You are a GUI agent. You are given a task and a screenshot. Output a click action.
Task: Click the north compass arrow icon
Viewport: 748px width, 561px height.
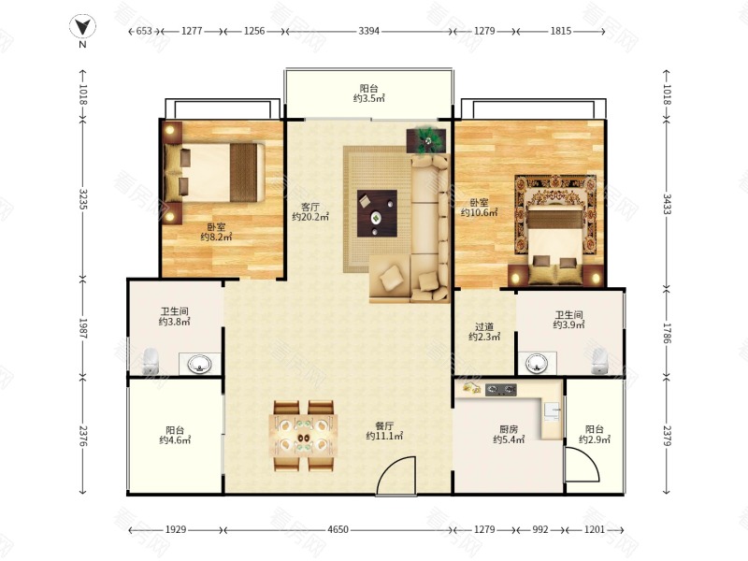pos(82,27)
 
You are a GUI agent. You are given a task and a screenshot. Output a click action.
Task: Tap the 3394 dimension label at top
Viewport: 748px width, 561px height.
pos(368,31)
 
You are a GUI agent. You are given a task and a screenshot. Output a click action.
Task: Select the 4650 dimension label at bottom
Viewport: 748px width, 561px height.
pos(338,529)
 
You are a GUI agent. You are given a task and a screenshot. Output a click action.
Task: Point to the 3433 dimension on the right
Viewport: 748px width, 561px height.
pos(667,204)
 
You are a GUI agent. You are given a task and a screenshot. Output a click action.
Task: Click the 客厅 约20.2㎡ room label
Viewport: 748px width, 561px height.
pos(310,212)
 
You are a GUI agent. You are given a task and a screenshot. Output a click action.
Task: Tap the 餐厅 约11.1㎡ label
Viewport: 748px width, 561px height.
pos(384,431)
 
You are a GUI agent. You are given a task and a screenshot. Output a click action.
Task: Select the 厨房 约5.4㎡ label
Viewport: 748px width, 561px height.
pos(509,434)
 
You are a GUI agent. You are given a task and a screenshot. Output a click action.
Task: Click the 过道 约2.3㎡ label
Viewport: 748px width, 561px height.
pos(484,332)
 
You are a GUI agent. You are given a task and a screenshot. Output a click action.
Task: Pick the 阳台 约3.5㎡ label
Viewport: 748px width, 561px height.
pos(368,93)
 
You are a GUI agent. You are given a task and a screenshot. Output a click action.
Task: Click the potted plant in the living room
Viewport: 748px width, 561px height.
pos(426,141)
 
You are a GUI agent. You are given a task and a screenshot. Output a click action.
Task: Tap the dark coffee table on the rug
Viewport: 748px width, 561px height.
pos(377,213)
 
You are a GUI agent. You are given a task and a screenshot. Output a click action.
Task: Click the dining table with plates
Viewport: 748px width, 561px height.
pos(303,436)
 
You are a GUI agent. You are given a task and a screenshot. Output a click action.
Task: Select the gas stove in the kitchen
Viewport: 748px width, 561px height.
pos(501,390)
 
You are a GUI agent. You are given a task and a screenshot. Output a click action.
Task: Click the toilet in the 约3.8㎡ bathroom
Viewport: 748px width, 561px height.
pos(151,362)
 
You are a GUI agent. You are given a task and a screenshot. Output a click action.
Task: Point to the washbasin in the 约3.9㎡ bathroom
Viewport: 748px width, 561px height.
pos(537,364)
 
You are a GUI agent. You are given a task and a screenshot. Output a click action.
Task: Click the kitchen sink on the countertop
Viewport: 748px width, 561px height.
pos(553,412)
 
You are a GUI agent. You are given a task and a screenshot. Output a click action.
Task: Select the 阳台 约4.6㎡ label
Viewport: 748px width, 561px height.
pos(175,435)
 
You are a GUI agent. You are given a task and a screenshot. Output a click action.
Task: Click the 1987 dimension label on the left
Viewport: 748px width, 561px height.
pos(82,328)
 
